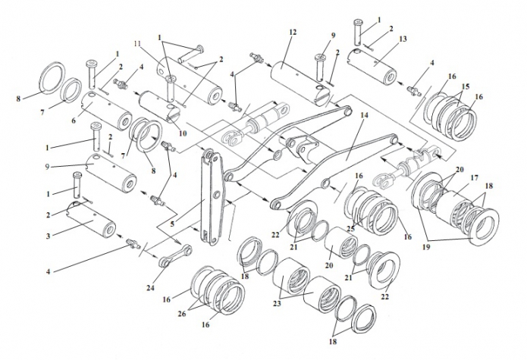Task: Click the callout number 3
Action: point(49,236)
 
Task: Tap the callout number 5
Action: point(172,224)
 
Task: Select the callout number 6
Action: point(74,120)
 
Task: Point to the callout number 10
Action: point(182,133)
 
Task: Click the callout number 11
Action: point(136,44)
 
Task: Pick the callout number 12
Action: point(293,33)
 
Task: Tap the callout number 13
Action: point(403,39)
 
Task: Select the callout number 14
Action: point(364,115)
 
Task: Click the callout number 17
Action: point(474,177)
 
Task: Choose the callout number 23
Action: point(278,304)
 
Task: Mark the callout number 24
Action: point(150,288)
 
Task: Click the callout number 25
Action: point(351,229)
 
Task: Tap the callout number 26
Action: point(182,314)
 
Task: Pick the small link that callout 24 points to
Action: point(175,256)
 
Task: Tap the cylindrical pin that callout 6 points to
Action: point(107,111)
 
